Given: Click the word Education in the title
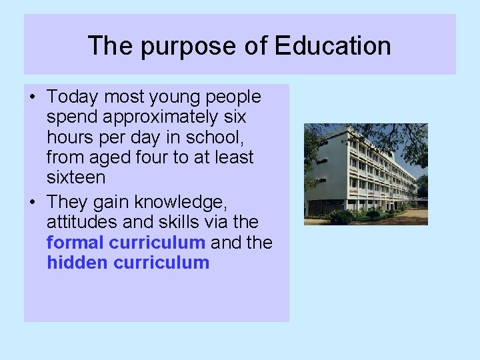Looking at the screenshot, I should coord(333,46).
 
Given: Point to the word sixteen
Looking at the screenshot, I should coord(76,177).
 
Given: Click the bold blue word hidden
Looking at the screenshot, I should coord(77,262).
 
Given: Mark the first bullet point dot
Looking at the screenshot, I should coord(33,98).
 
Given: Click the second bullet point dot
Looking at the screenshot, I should coord(33,202).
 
